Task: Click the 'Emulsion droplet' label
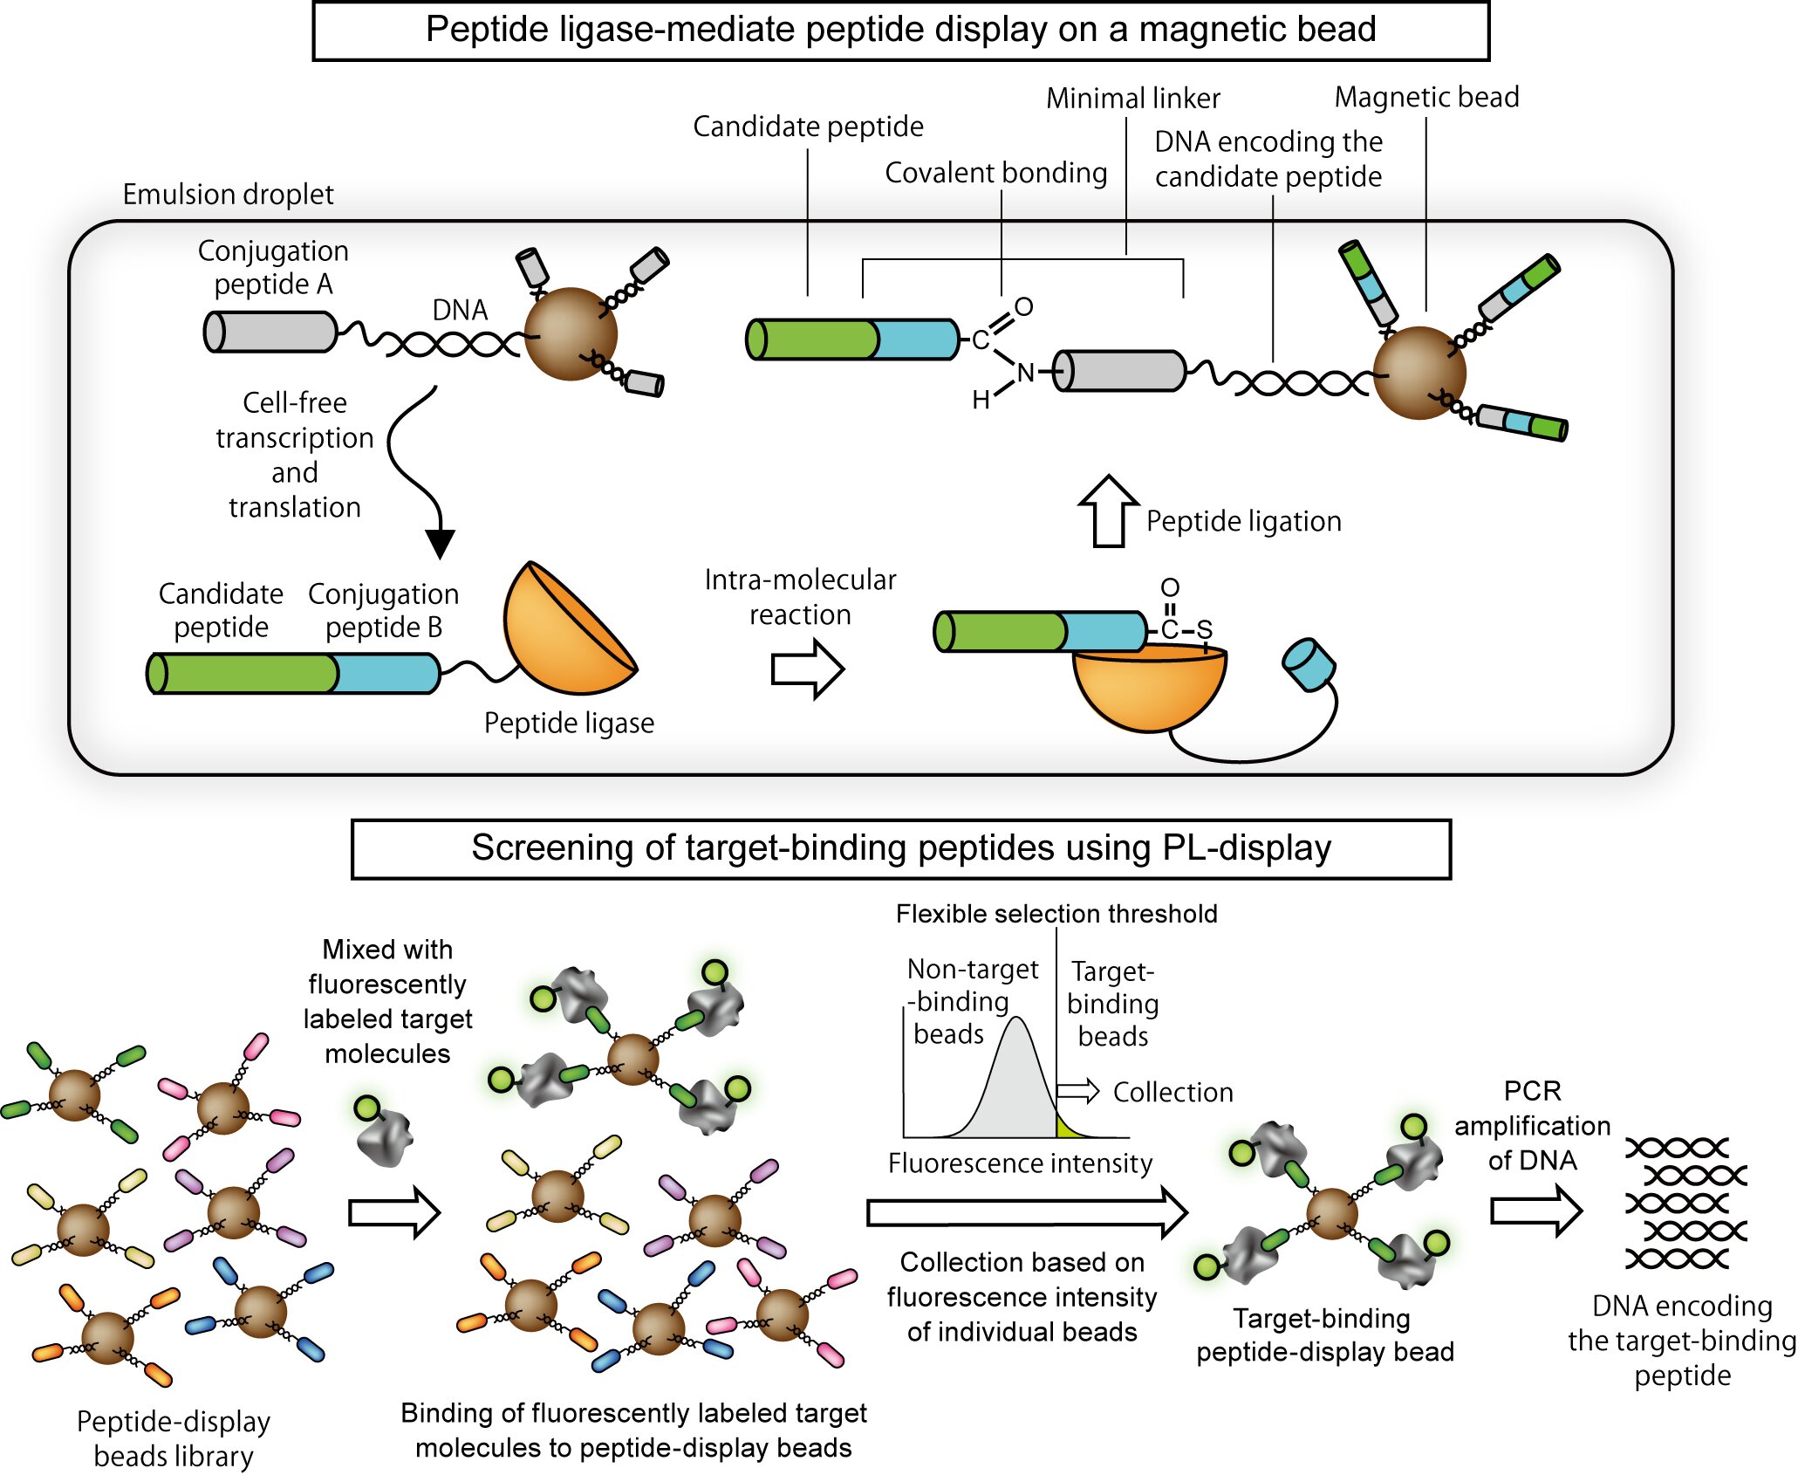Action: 228,194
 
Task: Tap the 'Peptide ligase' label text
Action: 569,723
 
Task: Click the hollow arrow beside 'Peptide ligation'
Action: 1108,512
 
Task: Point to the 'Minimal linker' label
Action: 1132,99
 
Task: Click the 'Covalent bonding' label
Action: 995,173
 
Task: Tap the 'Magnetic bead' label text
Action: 1426,97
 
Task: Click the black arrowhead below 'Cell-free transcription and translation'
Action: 441,543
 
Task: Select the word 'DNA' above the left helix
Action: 460,310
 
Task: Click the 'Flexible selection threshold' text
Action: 1056,914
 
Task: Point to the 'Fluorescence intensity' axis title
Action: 1020,1163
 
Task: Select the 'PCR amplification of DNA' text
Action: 1532,1125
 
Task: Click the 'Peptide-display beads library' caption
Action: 174,1438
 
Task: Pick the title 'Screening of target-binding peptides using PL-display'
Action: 900,848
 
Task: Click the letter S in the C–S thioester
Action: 1204,629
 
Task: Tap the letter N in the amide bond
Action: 1025,374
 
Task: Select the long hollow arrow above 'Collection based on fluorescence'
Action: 1027,1212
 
